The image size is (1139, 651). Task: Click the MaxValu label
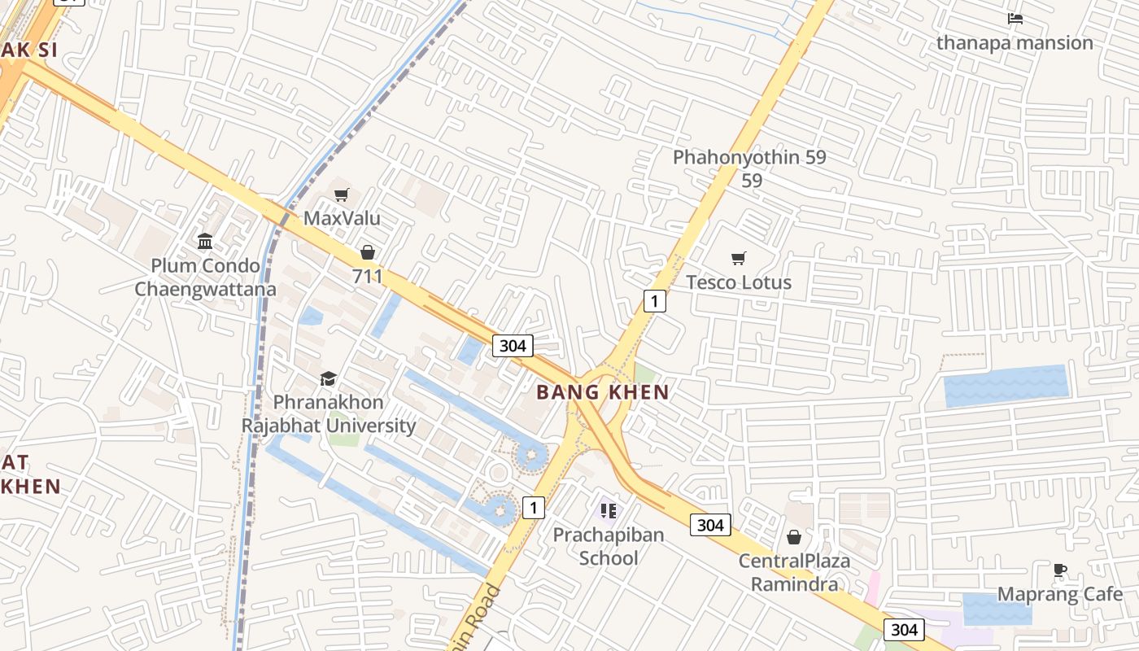pyautogui.click(x=342, y=218)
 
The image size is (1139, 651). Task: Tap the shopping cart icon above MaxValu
pyautogui.click(x=342, y=194)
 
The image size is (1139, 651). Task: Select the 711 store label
pyautogui.click(x=368, y=276)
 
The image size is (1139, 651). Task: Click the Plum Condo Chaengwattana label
pyautogui.click(x=205, y=277)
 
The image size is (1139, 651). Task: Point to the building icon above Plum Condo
pyautogui.click(x=205, y=242)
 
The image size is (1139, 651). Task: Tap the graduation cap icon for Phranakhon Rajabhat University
pyautogui.click(x=328, y=378)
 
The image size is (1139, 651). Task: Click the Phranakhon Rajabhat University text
pyautogui.click(x=329, y=413)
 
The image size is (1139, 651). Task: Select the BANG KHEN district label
pyautogui.click(x=603, y=392)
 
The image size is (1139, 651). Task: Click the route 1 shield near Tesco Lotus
pyautogui.click(x=654, y=301)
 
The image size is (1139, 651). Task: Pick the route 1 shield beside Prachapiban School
pyautogui.click(x=533, y=508)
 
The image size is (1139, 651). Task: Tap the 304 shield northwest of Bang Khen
pyautogui.click(x=513, y=346)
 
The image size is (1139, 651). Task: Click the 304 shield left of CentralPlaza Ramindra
pyautogui.click(x=710, y=525)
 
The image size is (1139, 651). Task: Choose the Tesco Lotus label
pyautogui.click(x=739, y=282)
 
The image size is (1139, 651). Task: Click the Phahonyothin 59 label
pyautogui.click(x=749, y=158)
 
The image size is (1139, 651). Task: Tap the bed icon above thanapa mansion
pyautogui.click(x=1015, y=19)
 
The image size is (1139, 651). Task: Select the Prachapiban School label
pyautogui.click(x=609, y=546)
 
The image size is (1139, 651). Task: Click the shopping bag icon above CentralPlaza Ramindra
pyautogui.click(x=794, y=537)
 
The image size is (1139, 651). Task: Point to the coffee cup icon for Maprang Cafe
pyautogui.click(x=1059, y=570)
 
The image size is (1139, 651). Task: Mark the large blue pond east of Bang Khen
pyautogui.click(x=1006, y=386)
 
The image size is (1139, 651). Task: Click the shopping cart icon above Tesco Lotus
pyautogui.click(x=739, y=259)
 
